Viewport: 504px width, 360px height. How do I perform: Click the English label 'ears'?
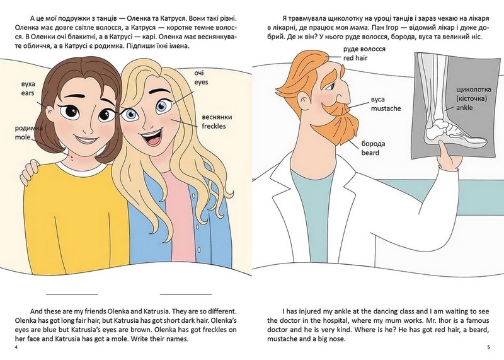point(28,93)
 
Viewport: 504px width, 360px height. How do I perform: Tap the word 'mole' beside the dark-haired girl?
point(23,137)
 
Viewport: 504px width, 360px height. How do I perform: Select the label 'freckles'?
point(214,126)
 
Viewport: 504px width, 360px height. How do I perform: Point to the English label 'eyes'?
point(201,83)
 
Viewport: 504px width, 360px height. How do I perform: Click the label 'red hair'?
point(355,58)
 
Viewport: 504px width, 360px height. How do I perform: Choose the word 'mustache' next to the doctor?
point(386,108)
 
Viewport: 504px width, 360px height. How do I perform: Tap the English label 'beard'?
point(370,153)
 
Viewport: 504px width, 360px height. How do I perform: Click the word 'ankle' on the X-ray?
point(464,107)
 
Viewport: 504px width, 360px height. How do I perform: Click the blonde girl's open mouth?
point(152,137)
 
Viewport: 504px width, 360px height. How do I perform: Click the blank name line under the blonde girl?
point(186,294)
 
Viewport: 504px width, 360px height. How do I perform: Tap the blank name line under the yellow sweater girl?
point(72,294)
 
